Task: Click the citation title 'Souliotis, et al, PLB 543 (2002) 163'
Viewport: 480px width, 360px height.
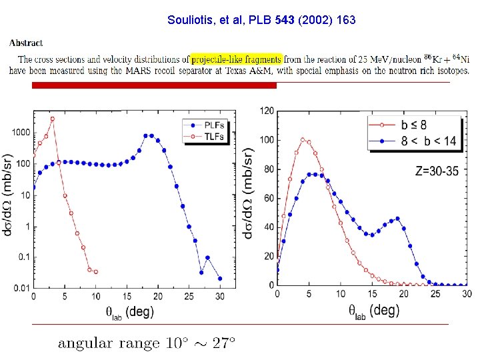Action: pyautogui.click(x=261, y=20)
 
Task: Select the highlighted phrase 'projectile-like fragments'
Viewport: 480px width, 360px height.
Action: pyautogui.click(x=236, y=59)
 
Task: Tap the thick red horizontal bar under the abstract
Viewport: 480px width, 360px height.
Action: pyautogui.click(x=154, y=85)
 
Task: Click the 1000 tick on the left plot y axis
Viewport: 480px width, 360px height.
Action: pyautogui.click(x=20, y=133)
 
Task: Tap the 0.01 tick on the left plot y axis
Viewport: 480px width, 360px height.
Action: pyautogui.click(x=19, y=288)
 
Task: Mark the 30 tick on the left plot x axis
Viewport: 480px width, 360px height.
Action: pyautogui.click(x=220, y=297)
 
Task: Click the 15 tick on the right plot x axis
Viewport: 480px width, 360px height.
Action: pyautogui.click(x=371, y=294)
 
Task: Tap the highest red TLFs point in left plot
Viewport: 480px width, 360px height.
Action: pyautogui.click(x=52, y=119)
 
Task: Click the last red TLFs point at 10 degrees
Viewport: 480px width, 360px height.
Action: pyautogui.click(x=96, y=272)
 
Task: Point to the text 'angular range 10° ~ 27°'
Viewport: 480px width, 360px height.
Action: pyautogui.click(x=147, y=343)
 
